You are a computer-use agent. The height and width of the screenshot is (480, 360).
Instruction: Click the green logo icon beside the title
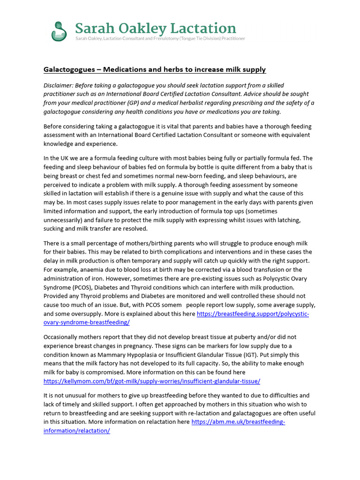tap(59, 31)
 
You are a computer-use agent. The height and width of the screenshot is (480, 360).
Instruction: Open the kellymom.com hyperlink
tap(151, 382)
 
